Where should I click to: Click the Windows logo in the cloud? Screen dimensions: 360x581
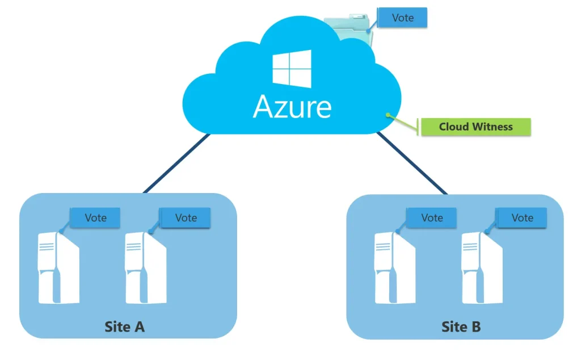click(292, 69)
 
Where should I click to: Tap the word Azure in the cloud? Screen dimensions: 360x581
click(292, 106)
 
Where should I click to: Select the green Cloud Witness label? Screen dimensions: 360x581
click(475, 127)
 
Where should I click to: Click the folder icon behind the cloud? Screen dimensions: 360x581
click(347, 26)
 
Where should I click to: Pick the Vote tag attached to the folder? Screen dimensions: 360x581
click(402, 18)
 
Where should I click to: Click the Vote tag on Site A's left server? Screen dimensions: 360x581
click(95, 217)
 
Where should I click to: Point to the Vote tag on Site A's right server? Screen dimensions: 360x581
click(186, 217)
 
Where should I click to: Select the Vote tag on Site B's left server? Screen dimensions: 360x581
click(432, 217)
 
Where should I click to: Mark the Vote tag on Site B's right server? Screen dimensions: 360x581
click(522, 217)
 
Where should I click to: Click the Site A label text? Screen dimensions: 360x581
click(125, 327)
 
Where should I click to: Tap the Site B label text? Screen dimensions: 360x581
click(461, 327)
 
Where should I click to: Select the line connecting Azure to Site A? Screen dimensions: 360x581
click(176, 164)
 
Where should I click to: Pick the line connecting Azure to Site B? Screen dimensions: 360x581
click(411, 164)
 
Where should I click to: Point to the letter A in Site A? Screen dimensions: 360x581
click(138, 327)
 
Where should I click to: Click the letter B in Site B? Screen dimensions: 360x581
click(475, 327)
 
